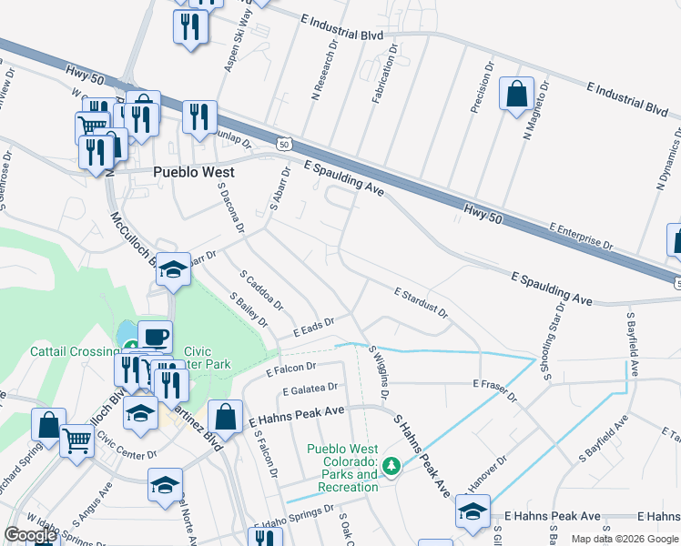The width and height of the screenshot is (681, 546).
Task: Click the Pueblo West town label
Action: coord(193,172)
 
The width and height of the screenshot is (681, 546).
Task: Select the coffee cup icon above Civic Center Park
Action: coord(155,337)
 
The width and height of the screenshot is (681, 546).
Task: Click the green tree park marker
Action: coord(392,467)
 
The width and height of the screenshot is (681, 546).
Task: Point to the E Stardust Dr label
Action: coord(421,303)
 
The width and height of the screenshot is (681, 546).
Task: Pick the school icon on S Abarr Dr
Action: coord(173,270)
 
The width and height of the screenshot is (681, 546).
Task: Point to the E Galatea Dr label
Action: coord(311,390)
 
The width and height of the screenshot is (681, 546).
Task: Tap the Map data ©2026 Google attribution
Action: coord(625,539)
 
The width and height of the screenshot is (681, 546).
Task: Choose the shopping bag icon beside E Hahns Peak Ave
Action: coord(225,418)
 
